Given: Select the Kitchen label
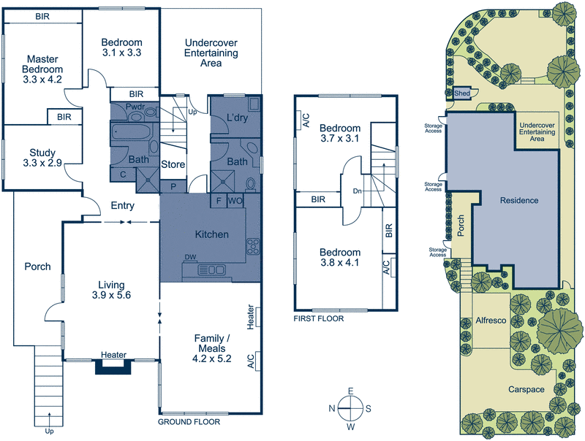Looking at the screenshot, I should coord(211,235).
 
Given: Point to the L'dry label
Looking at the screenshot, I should coord(236,118).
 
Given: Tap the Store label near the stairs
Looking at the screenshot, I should coord(173,165).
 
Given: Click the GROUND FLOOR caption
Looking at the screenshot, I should coord(189,422).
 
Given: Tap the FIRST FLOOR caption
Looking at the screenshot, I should coord(318,319).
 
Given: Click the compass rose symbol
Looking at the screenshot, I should coord(350,408).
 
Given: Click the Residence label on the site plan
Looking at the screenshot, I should coord(519,200).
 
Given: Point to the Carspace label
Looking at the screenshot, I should coord(526,390).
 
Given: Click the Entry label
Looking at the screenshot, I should coord(121,207).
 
